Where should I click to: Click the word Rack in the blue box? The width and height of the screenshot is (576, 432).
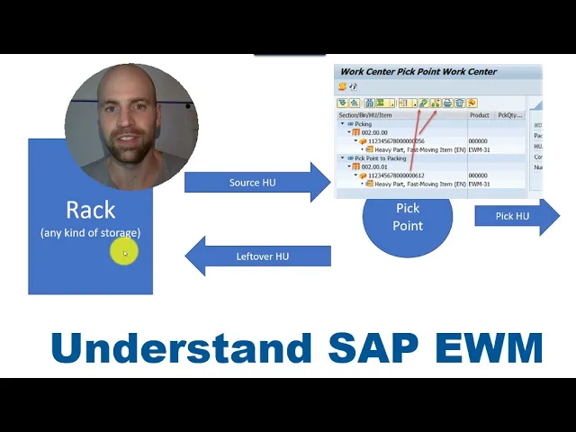90,210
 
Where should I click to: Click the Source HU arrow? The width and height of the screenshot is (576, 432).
252,183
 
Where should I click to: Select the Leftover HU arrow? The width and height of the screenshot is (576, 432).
262,256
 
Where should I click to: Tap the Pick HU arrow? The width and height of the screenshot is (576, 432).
513,216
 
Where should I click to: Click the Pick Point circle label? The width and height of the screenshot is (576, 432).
408,217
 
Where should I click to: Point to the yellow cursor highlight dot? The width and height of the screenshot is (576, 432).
122,254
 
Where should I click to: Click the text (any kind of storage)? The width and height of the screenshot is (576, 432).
90,233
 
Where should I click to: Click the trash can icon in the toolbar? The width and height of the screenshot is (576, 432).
459,103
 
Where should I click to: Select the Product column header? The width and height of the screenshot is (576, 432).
479,115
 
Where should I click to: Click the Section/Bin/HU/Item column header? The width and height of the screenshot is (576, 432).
365,115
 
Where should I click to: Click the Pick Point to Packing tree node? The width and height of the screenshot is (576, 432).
380,158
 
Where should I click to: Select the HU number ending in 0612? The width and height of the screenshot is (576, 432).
396,175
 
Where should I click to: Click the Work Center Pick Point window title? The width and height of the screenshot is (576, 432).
418,71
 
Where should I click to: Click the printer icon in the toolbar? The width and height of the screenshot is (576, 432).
447,103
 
